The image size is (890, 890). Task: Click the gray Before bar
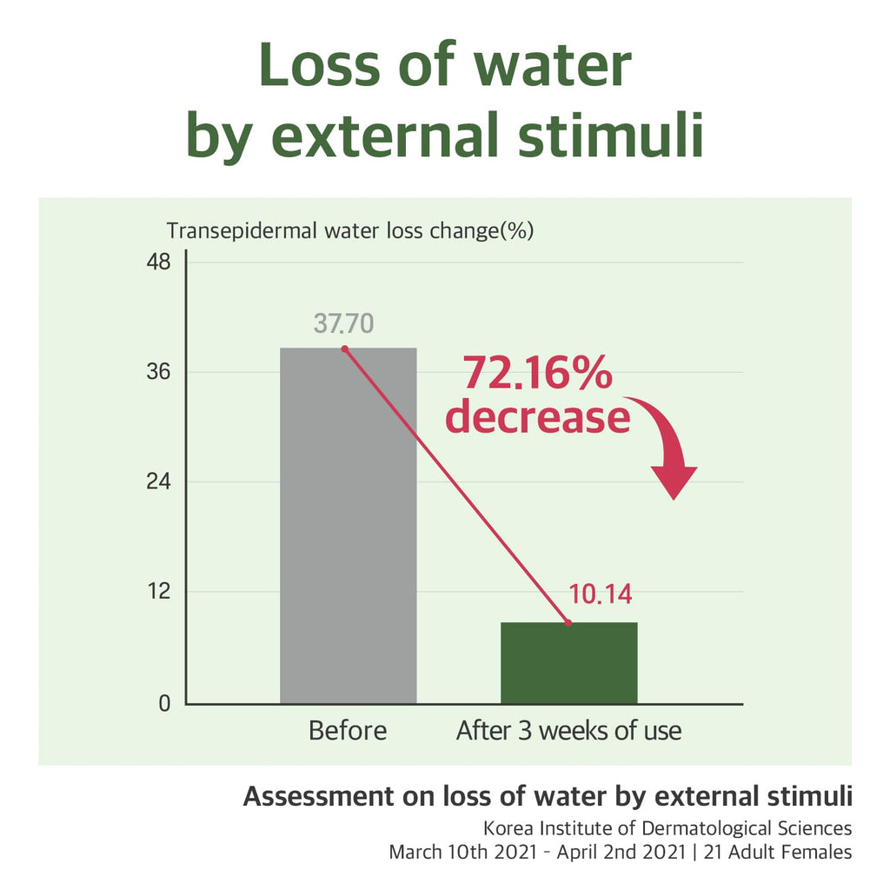(x=348, y=526)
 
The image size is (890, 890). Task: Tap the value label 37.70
(x=343, y=323)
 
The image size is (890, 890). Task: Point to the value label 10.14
(x=600, y=594)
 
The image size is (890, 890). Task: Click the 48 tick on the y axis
(x=160, y=262)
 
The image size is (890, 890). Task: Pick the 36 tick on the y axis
(x=160, y=372)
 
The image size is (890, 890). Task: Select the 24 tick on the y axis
(x=160, y=482)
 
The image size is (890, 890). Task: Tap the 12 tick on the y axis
(x=160, y=593)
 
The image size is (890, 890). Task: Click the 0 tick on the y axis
(x=165, y=703)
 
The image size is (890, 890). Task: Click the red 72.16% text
(x=537, y=374)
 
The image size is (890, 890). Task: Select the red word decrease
(x=537, y=417)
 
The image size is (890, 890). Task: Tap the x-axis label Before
(x=348, y=731)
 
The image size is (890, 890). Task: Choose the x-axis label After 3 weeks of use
(x=568, y=731)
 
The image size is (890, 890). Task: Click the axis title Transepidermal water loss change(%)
(x=349, y=231)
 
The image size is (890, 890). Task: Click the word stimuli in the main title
(x=608, y=136)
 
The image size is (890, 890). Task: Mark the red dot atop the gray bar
(x=345, y=349)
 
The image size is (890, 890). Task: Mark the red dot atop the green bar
(x=568, y=623)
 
